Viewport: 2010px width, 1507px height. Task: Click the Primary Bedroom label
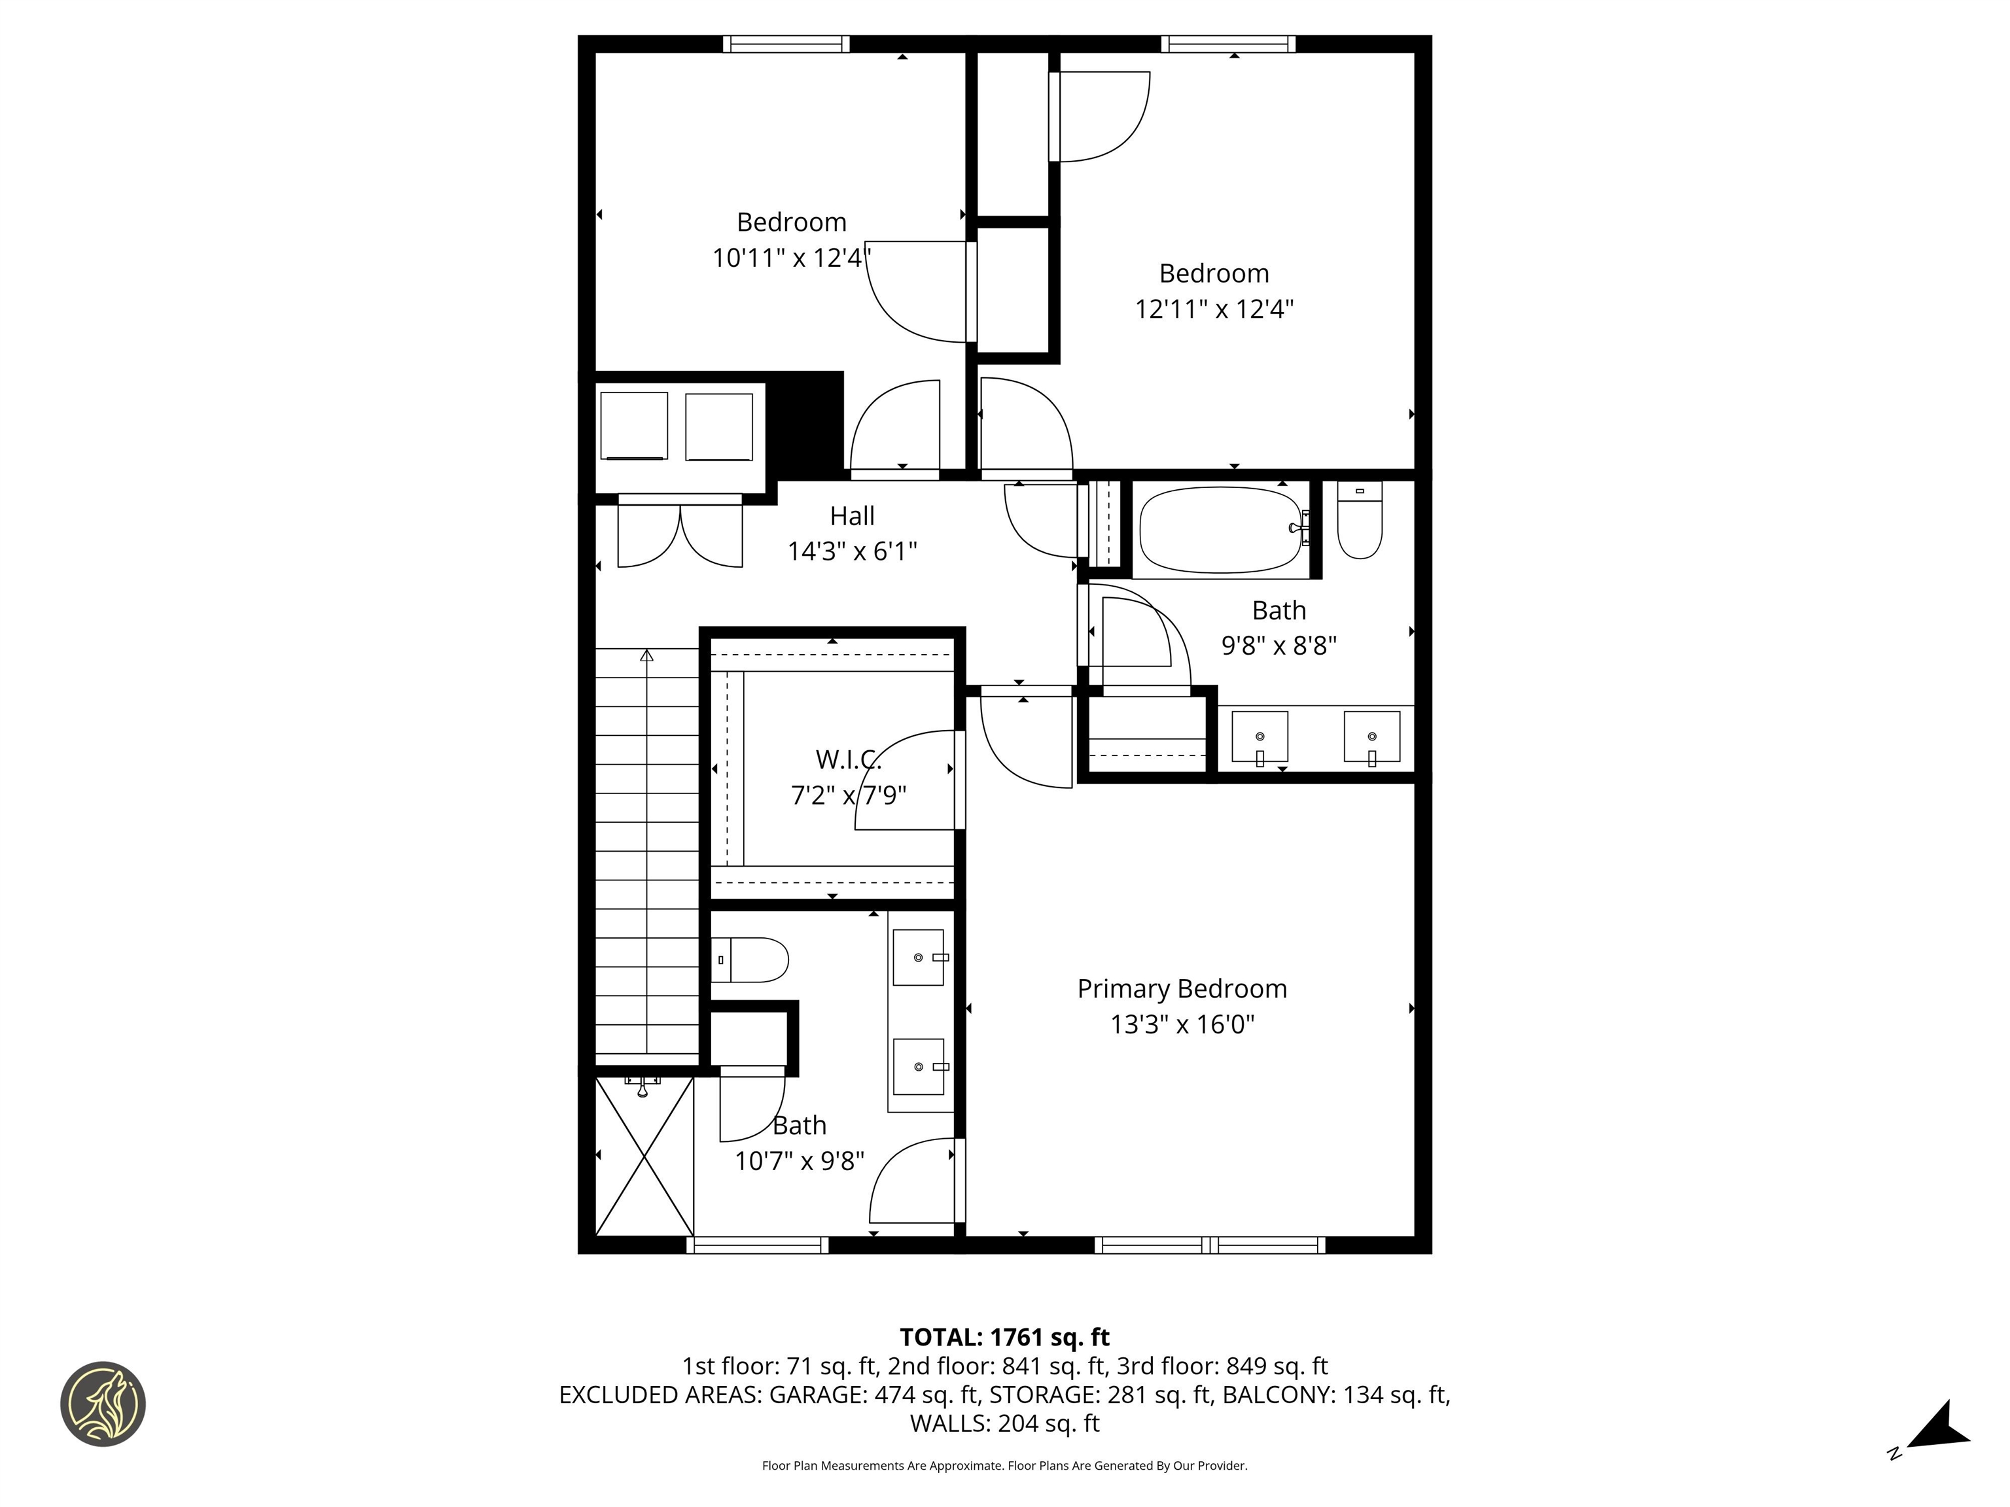pyautogui.click(x=1181, y=988)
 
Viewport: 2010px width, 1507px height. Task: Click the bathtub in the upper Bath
pyautogui.click(x=1220, y=530)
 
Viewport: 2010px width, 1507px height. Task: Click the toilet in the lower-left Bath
pyautogui.click(x=750, y=960)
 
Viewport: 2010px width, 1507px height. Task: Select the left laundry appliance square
pyautogui.click(x=633, y=426)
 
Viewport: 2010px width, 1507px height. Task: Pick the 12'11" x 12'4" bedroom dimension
pyautogui.click(x=1213, y=309)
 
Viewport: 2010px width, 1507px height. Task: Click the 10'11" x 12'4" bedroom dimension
pyautogui.click(x=790, y=258)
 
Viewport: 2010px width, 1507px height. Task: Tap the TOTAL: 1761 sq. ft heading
pyautogui.click(x=1004, y=1337)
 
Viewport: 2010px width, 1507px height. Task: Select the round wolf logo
pyautogui.click(x=103, y=1404)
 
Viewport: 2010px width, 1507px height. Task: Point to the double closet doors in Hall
pyautogui.click(x=680, y=536)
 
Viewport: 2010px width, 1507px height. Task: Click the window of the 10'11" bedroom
pyautogui.click(x=786, y=44)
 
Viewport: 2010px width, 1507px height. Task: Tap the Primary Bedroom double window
pyautogui.click(x=1209, y=1245)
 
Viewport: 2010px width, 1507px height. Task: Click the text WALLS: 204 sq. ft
pyautogui.click(x=1004, y=1423)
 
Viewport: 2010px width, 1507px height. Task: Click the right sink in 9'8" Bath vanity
pyautogui.click(x=1371, y=736)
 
